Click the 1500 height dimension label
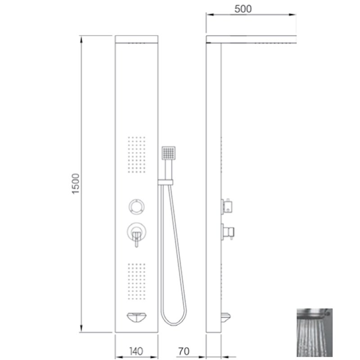click(x=76, y=184)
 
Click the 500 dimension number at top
click(x=243, y=9)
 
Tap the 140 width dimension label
click(x=136, y=351)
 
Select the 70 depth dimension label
click(x=184, y=351)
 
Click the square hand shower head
click(x=168, y=153)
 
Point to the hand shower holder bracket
click(x=165, y=182)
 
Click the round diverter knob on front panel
click(x=137, y=207)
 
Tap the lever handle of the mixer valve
click(x=137, y=239)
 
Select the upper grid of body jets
click(x=137, y=154)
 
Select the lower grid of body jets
click(x=137, y=281)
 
